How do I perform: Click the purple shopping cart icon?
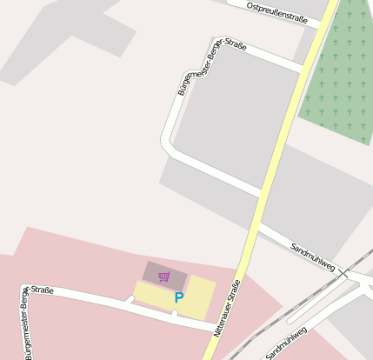click(x=163, y=277)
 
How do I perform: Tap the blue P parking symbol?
click(x=179, y=297)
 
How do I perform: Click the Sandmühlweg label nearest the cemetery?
click(x=313, y=256)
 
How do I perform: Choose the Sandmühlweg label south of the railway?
click(x=288, y=344)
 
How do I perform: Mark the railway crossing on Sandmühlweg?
click(x=343, y=273)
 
